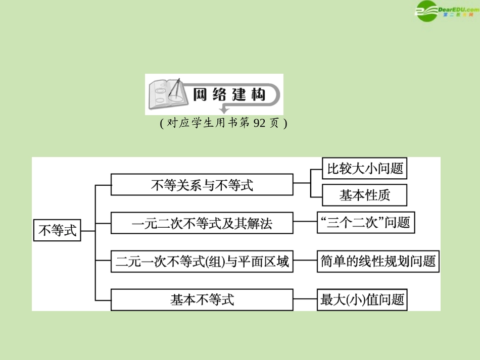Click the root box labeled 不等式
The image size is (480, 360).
point(57,231)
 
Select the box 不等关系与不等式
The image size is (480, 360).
point(202,185)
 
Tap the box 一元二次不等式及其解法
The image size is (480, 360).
point(202,223)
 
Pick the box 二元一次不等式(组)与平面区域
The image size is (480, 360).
point(202,262)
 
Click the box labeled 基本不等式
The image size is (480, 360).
point(202,300)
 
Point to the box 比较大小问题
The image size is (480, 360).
point(365,169)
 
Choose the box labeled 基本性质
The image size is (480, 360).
point(365,195)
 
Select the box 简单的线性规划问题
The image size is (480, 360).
point(377,261)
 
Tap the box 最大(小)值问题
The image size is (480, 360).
point(362,300)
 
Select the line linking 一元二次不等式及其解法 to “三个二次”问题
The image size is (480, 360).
point(305,223)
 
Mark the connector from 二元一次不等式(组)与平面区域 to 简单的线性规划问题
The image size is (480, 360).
point(305,262)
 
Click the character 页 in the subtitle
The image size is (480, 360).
point(274,124)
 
